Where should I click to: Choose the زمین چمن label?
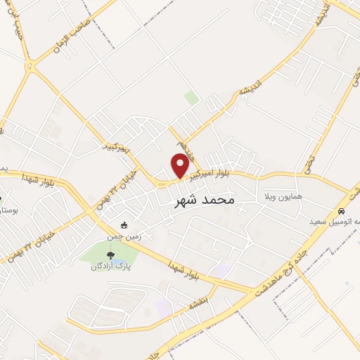pyautogui.click(x=124, y=236)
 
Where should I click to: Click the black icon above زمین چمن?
pyautogui.click(x=124, y=226)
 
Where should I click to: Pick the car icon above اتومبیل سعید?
pyautogui.click(x=341, y=211)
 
